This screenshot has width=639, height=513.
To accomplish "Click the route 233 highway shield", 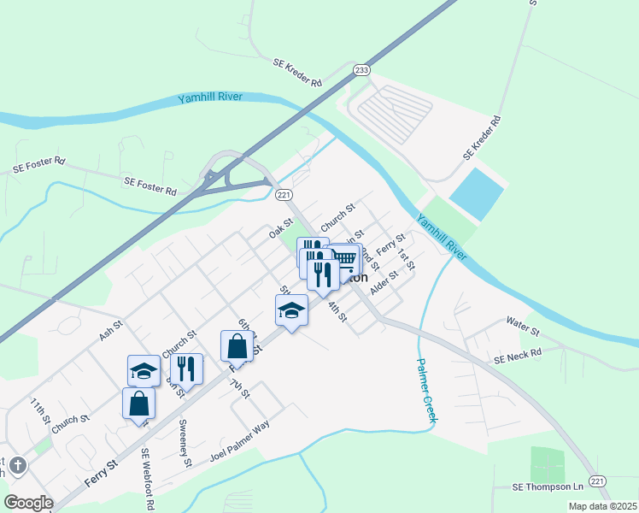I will click(x=361, y=70).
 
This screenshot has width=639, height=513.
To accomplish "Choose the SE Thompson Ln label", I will click(x=548, y=486).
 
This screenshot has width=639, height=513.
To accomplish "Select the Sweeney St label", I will click(x=185, y=444).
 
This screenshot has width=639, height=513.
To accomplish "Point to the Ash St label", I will click(x=111, y=331).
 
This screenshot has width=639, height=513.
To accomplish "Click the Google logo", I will click(x=28, y=503).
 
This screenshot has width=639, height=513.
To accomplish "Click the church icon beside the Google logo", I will click(x=18, y=466).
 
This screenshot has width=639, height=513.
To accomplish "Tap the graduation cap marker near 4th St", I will click(x=291, y=310).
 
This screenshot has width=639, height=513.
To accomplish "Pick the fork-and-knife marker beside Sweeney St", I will click(x=186, y=369).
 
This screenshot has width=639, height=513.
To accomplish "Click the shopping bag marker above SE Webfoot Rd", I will click(x=139, y=403).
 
